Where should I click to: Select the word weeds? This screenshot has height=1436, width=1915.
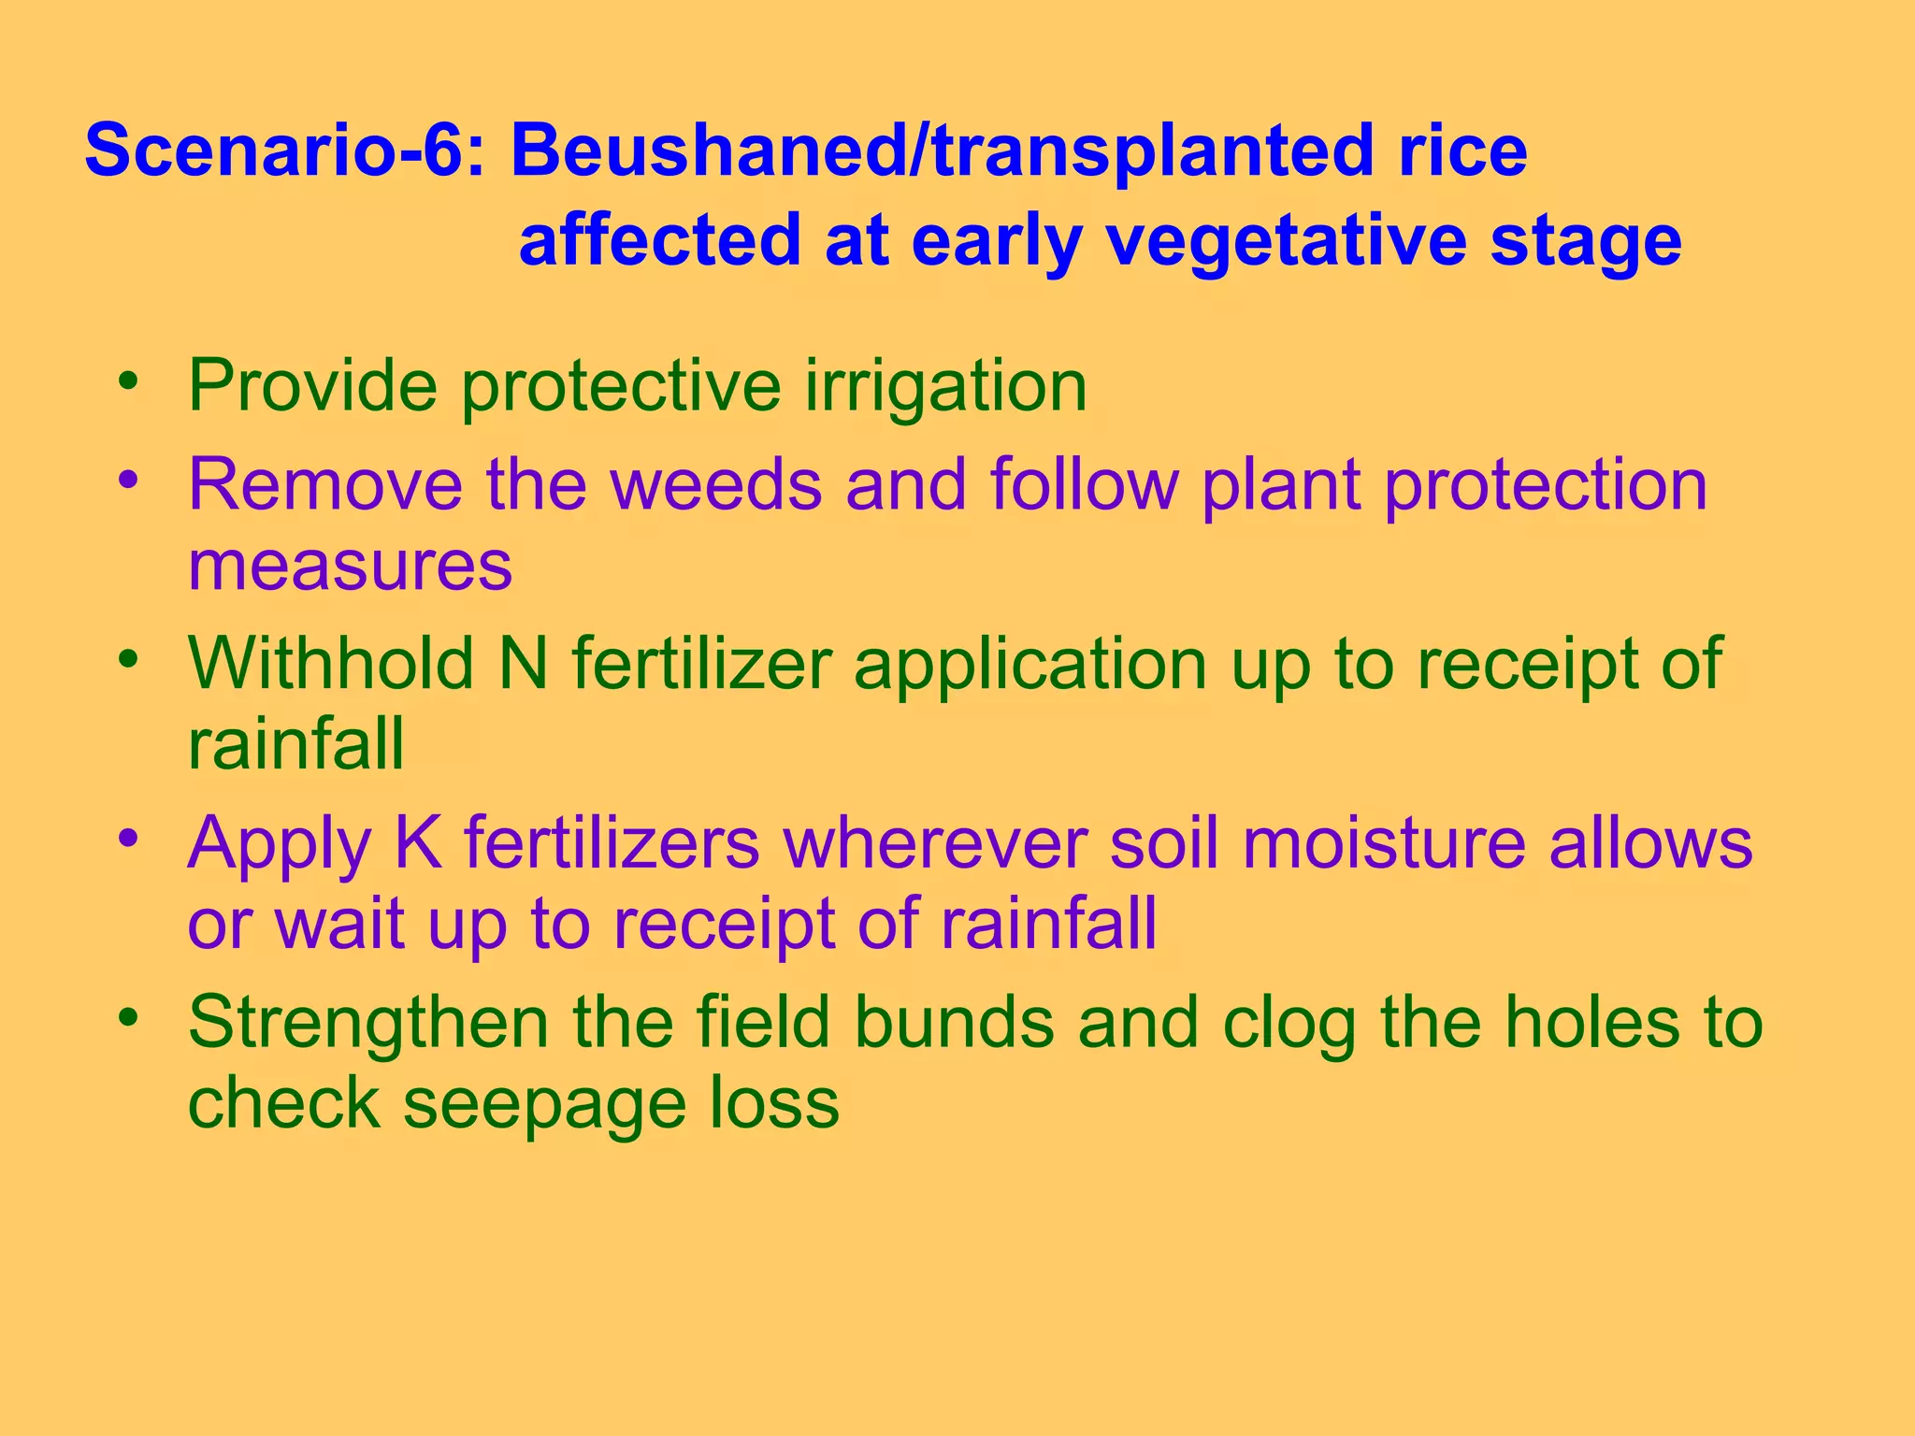tap(716, 484)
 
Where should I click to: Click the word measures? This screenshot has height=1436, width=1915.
tap(350, 566)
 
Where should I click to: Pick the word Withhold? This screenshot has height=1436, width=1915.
tap(331, 664)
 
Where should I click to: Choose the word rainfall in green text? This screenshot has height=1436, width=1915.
tap(295, 744)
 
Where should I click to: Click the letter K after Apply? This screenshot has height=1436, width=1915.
tap(417, 843)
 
